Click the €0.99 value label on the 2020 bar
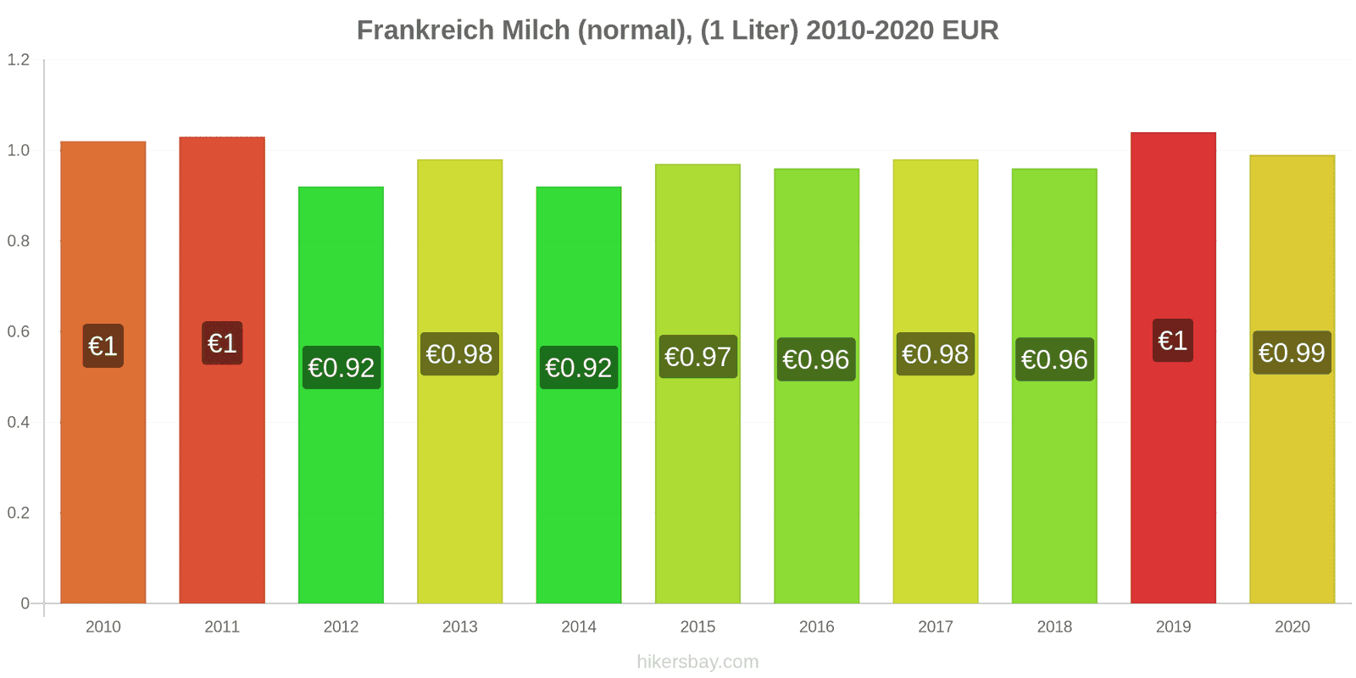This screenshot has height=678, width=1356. [x=1292, y=353]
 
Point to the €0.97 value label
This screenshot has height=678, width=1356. [x=697, y=357]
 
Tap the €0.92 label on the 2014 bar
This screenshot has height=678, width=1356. [x=579, y=368]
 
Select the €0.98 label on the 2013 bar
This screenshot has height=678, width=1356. [x=459, y=354]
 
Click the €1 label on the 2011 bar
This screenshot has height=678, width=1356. [x=222, y=343]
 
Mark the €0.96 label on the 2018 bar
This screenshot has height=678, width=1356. [x=1054, y=359]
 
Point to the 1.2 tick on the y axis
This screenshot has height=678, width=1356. [x=19, y=59]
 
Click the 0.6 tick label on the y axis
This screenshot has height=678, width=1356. [x=19, y=331]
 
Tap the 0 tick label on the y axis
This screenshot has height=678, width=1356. [x=25, y=603]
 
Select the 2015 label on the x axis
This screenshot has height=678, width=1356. [x=697, y=627]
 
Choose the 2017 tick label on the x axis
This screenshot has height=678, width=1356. [x=936, y=627]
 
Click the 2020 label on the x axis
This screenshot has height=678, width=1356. [x=1292, y=627]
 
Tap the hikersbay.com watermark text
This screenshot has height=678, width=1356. [x=697, y=662]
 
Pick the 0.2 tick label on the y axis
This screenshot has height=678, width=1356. [x=19, y=513]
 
